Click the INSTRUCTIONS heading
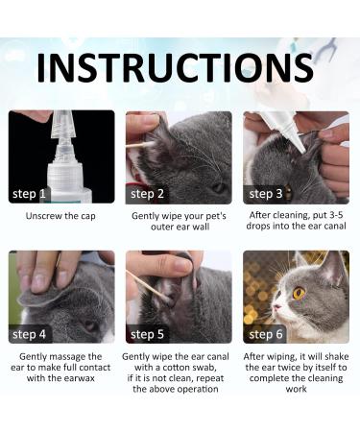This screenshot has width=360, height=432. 175,68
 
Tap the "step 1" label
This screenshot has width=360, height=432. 29,194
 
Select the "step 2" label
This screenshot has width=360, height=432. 147,194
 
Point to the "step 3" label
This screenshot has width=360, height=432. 266,194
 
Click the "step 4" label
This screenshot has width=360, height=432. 29,334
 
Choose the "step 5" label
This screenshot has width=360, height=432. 147,334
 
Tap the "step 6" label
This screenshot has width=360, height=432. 266,334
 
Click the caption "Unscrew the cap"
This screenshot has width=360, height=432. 60,216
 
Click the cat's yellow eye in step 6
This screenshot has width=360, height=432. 299,293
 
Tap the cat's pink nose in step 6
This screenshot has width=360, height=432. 276,307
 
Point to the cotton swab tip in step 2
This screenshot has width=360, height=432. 148,145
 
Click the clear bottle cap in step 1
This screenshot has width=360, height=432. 62,125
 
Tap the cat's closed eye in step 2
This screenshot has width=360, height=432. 219,187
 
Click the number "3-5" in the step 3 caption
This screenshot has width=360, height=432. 335,215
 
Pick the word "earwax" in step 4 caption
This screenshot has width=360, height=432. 79,378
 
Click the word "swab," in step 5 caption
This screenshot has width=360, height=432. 204,367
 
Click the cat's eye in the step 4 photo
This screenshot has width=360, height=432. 90,325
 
